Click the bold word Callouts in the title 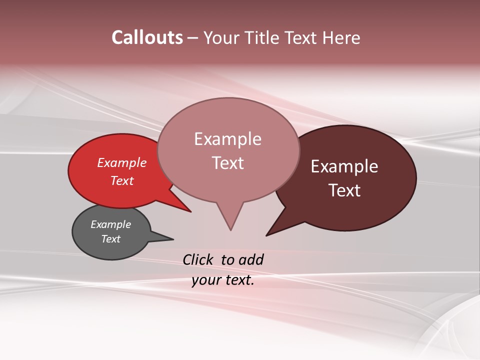(x=147, y=37)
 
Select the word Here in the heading (x=341, y=38)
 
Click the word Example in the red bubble (x=121, y=162)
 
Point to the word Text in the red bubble (x=121, y=180)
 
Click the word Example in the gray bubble (x=110, y=224)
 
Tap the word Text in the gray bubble (x=110, y=239)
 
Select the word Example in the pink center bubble (x=227, y=139)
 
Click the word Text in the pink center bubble (x=227, y=163)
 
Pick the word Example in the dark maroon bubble (x=344, y=166)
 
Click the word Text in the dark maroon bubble (x=344, y=190)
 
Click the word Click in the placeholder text (x=198, y=260)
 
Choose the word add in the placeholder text (x=250, y=260)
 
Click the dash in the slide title (x=193, y=38)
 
